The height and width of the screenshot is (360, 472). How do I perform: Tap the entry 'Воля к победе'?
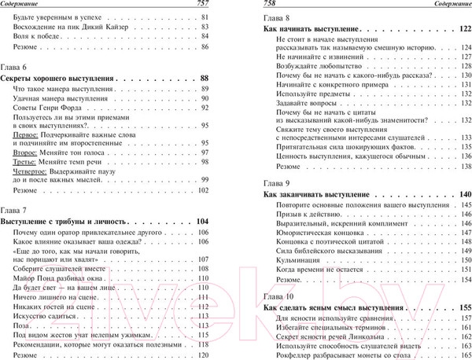(39, 36)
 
